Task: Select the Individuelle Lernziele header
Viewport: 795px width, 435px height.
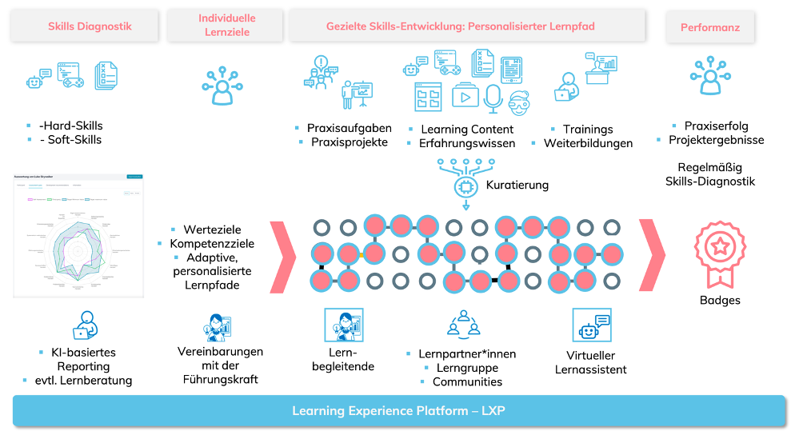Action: click(x=227, y=26)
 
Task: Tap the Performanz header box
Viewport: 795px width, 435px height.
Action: click(x=710, y=27)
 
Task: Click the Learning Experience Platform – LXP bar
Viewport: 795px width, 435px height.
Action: click(x=398, y=411)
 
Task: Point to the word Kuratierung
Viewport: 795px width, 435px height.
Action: click(x=517, y=185)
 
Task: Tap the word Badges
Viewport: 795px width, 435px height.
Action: click(x=720, y=301)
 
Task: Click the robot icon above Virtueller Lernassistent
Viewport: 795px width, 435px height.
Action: click(x=591, y=325)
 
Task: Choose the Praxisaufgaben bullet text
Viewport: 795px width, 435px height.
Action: click(x=349, y=128)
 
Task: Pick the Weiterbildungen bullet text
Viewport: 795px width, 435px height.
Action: click(x=588, y=144)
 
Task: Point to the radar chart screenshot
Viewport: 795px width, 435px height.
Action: click(x=78, y=236)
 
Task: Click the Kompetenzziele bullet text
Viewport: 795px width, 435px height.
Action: click(x=212, y=243)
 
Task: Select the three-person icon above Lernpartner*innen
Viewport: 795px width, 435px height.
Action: click(x=463, y=324)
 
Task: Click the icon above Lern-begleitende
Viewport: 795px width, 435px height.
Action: click(x=343, y=326)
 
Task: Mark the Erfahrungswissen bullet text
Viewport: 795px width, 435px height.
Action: click(x=467, y=144)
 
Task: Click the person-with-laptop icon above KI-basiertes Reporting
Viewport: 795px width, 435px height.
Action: click(x=84, y=325)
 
